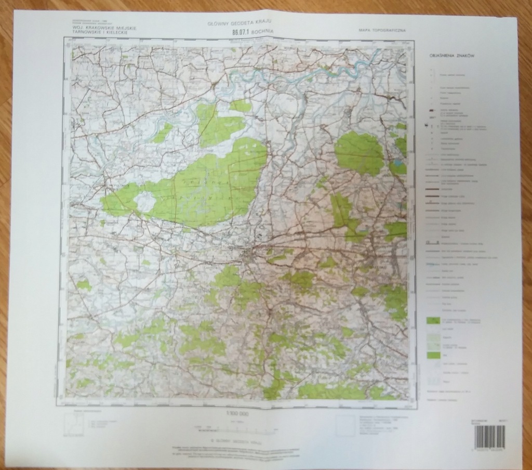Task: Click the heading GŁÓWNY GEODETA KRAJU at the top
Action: [240, 23]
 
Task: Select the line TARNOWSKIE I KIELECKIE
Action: [97, 33]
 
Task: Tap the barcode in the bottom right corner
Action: [489, 437]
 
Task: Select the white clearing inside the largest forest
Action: [145, 201]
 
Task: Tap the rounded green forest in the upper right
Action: [359, 152]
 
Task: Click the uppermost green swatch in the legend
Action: [432, 320]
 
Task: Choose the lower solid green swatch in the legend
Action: [432, 355]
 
